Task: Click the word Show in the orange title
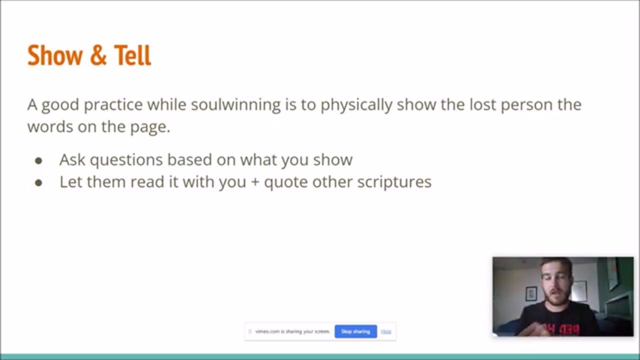(55, 55)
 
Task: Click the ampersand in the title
(98, 55)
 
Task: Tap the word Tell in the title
(132, 55)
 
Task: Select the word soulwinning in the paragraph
(235, 104)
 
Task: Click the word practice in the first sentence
(113, 105)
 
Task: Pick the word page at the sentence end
(150, 127)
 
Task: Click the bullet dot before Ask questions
(38, 161)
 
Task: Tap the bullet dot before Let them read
(38, 183)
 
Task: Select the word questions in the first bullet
(126, 160)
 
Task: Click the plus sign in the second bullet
(255, 182)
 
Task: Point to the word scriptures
(394, 182)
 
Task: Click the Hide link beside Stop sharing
(386, 331)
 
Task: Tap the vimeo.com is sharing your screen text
(292, 331)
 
